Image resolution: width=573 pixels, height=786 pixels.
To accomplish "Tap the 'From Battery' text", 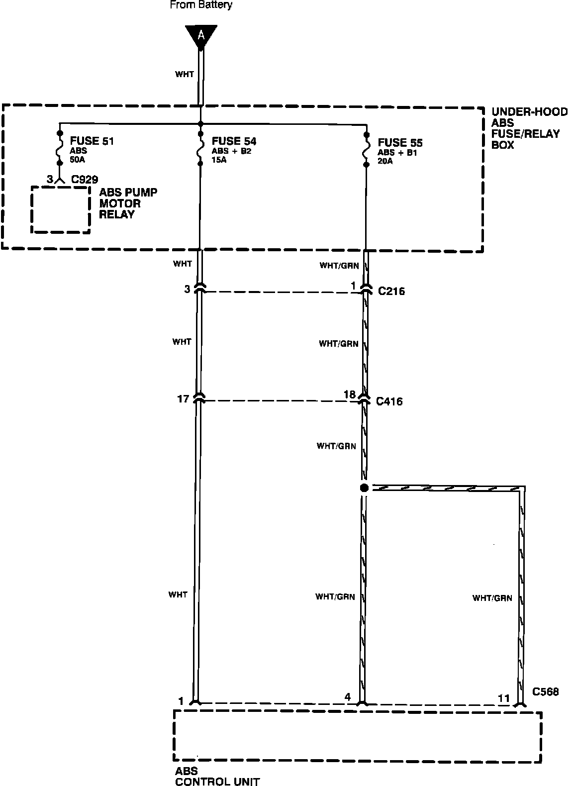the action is (x=201, y=5).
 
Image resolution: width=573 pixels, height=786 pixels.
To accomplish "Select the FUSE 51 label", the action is (x=92, y=141).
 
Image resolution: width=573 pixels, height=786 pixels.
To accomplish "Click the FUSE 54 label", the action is (x=234, y=141).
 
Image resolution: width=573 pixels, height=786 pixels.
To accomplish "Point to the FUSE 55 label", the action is (x=400, y=142).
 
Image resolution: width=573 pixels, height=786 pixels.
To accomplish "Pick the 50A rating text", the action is (x=77, y=160).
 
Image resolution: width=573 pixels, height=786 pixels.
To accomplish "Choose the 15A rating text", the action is (x=219, y=160).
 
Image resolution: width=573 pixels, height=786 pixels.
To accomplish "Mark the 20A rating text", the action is (x=385, y=161).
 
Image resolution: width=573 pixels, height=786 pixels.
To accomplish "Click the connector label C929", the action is (x=85, y=179).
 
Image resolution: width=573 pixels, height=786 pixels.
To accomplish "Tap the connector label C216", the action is (x=391, y=291).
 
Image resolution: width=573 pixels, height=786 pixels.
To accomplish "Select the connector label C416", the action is (x=389, y=401).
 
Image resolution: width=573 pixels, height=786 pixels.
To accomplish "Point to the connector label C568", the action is (x=545, y=691).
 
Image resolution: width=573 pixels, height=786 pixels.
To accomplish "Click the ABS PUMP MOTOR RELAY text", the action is (x=128, y=203).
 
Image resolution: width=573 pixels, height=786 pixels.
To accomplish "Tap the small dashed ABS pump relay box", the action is (x=61, y=187).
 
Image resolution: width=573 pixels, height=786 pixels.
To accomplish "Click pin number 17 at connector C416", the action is (x=183, y=398).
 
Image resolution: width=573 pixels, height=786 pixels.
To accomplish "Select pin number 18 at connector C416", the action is (x=350, y=394).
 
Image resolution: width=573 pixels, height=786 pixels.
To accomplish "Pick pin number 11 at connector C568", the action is (x=504, y=698).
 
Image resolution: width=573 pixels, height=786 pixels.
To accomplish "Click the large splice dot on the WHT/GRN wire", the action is (x=364, y=488).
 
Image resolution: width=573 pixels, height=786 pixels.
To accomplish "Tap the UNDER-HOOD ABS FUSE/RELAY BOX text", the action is (x=530, y=128).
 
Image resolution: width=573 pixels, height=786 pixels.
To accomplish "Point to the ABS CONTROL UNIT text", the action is (x=217, y=776).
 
